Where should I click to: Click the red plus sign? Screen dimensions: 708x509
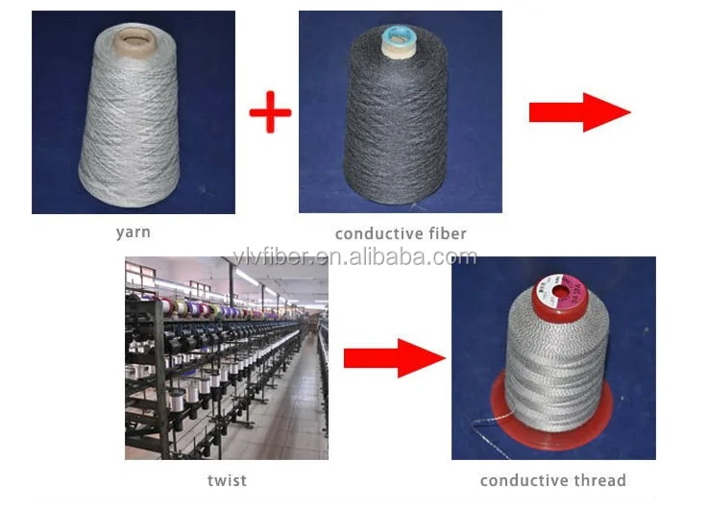click(270, 113)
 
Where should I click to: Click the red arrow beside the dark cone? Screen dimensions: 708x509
click(578, 112)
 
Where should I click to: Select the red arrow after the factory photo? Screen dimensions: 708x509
click(393, 358)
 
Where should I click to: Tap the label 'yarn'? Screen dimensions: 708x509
click(133, 231)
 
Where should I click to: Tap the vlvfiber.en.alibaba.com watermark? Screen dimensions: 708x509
click(354, 256)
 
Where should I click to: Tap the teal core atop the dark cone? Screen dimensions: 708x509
click(397, 38)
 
